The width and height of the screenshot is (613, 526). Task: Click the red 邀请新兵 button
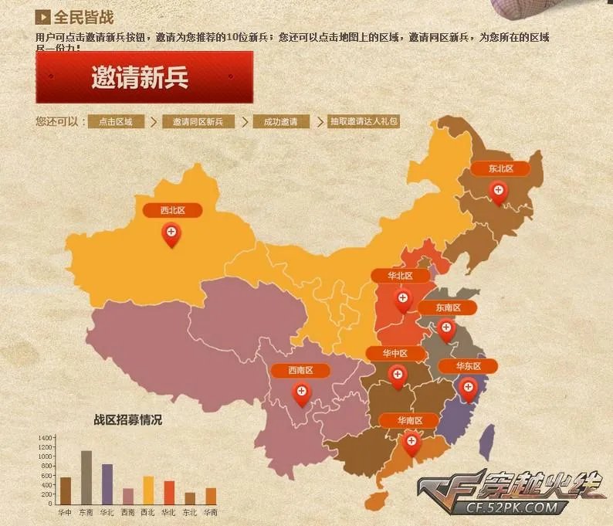[x=144, y=77]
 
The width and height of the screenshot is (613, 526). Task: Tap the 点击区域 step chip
[x=116, y=122]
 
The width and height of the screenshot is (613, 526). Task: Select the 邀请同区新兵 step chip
[x=198, y=122]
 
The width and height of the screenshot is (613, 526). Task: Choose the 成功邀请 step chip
[x=280, y=122]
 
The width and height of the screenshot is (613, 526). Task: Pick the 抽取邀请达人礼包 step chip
[x=364, y=122]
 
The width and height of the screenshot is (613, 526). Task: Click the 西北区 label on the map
[x=172, y=210]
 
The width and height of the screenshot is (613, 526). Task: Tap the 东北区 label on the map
[x=500, y=168]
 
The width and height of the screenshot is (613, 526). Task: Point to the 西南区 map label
[x=300, y=371]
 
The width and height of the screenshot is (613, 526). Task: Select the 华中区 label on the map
[x=397, y=354]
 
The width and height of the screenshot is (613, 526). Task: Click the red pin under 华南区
[x=411, y=443]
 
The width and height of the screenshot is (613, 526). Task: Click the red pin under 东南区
[x=446, y=329]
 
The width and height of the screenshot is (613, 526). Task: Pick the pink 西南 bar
[x=128, y=495]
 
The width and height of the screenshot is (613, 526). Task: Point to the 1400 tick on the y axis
[x=45, y=438]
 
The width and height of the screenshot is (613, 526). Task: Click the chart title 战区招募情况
[x=128, y=420]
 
